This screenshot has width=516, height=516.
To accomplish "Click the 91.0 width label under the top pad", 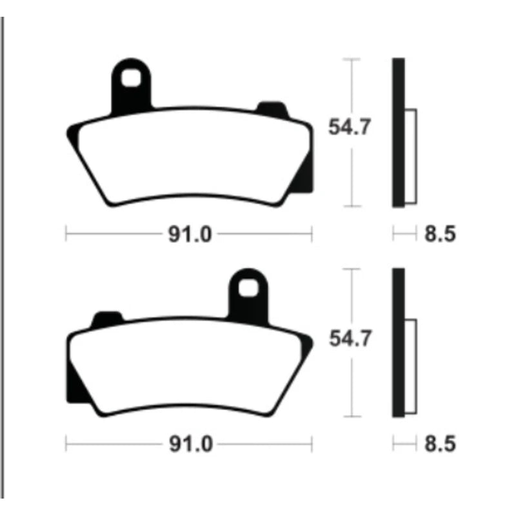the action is click(x=190, y=234).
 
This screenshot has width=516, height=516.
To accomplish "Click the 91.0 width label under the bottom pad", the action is click(x=190, y=444).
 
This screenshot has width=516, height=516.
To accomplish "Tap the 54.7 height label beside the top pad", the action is click(x=350, y=126).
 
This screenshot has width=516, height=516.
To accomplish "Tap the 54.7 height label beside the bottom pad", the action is click(x=350, y=338).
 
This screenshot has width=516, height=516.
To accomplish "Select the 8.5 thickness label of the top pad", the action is click(x=440, y=234).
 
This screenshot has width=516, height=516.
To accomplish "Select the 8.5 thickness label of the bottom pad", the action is click(x=440, y=444).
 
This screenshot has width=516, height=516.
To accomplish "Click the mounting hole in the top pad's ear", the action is click(x=131, y=78).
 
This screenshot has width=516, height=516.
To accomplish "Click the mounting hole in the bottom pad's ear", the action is click(x=248, y=288).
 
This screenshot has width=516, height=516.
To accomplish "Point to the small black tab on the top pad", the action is click(x=272, y=110).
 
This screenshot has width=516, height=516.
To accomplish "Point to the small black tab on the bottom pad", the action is click(x=107, y=319).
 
